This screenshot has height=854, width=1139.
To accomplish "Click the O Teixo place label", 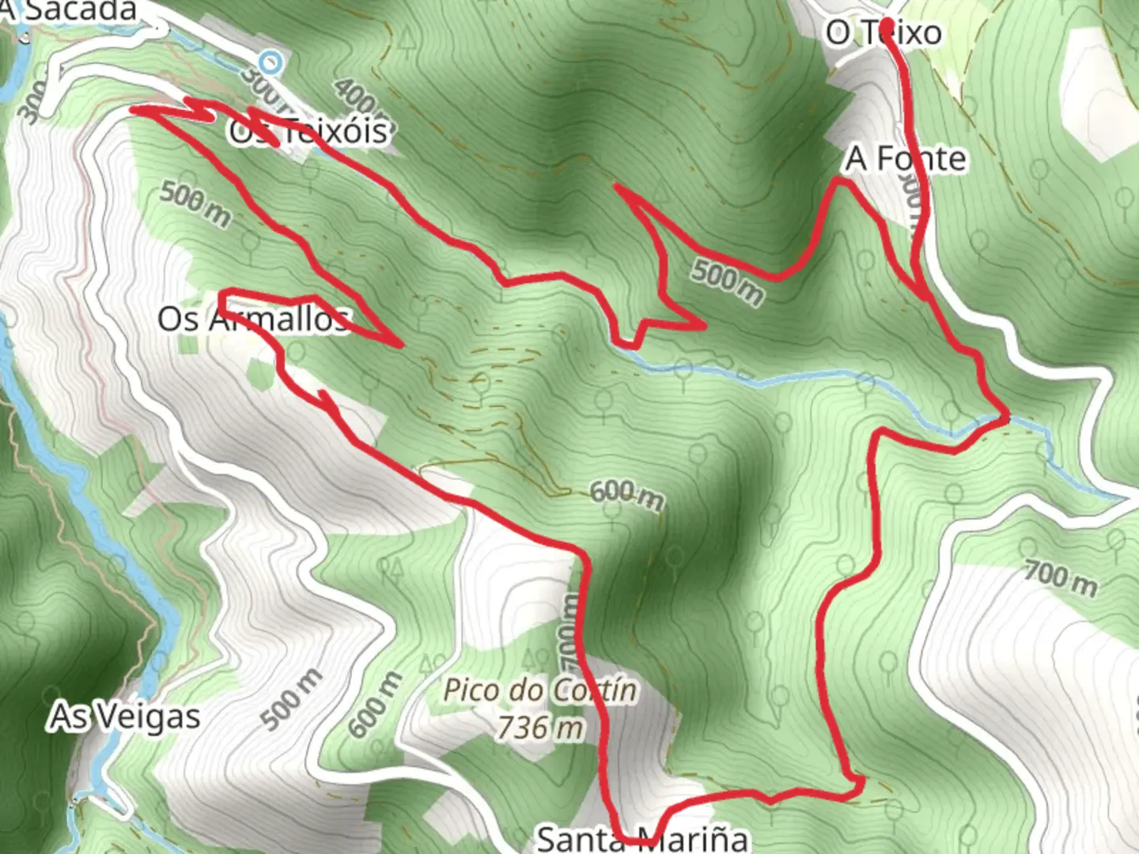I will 884,33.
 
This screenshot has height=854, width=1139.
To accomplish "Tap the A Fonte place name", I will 906,159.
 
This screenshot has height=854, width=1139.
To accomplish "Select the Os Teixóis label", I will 308,131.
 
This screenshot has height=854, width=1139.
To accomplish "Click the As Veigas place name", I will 125,716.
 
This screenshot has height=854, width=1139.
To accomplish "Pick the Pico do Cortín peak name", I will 539,690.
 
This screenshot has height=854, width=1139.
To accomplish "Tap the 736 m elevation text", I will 541,727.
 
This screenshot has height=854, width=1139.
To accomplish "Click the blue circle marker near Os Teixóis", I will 271,62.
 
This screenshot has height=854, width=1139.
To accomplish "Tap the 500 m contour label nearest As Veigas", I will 292,699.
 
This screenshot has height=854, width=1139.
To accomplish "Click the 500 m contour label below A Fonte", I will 728,282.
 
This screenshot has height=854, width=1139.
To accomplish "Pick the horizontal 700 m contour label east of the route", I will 1061,579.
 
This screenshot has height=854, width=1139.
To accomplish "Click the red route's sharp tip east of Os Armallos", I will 401,344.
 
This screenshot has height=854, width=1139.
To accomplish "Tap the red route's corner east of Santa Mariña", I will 861,783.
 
